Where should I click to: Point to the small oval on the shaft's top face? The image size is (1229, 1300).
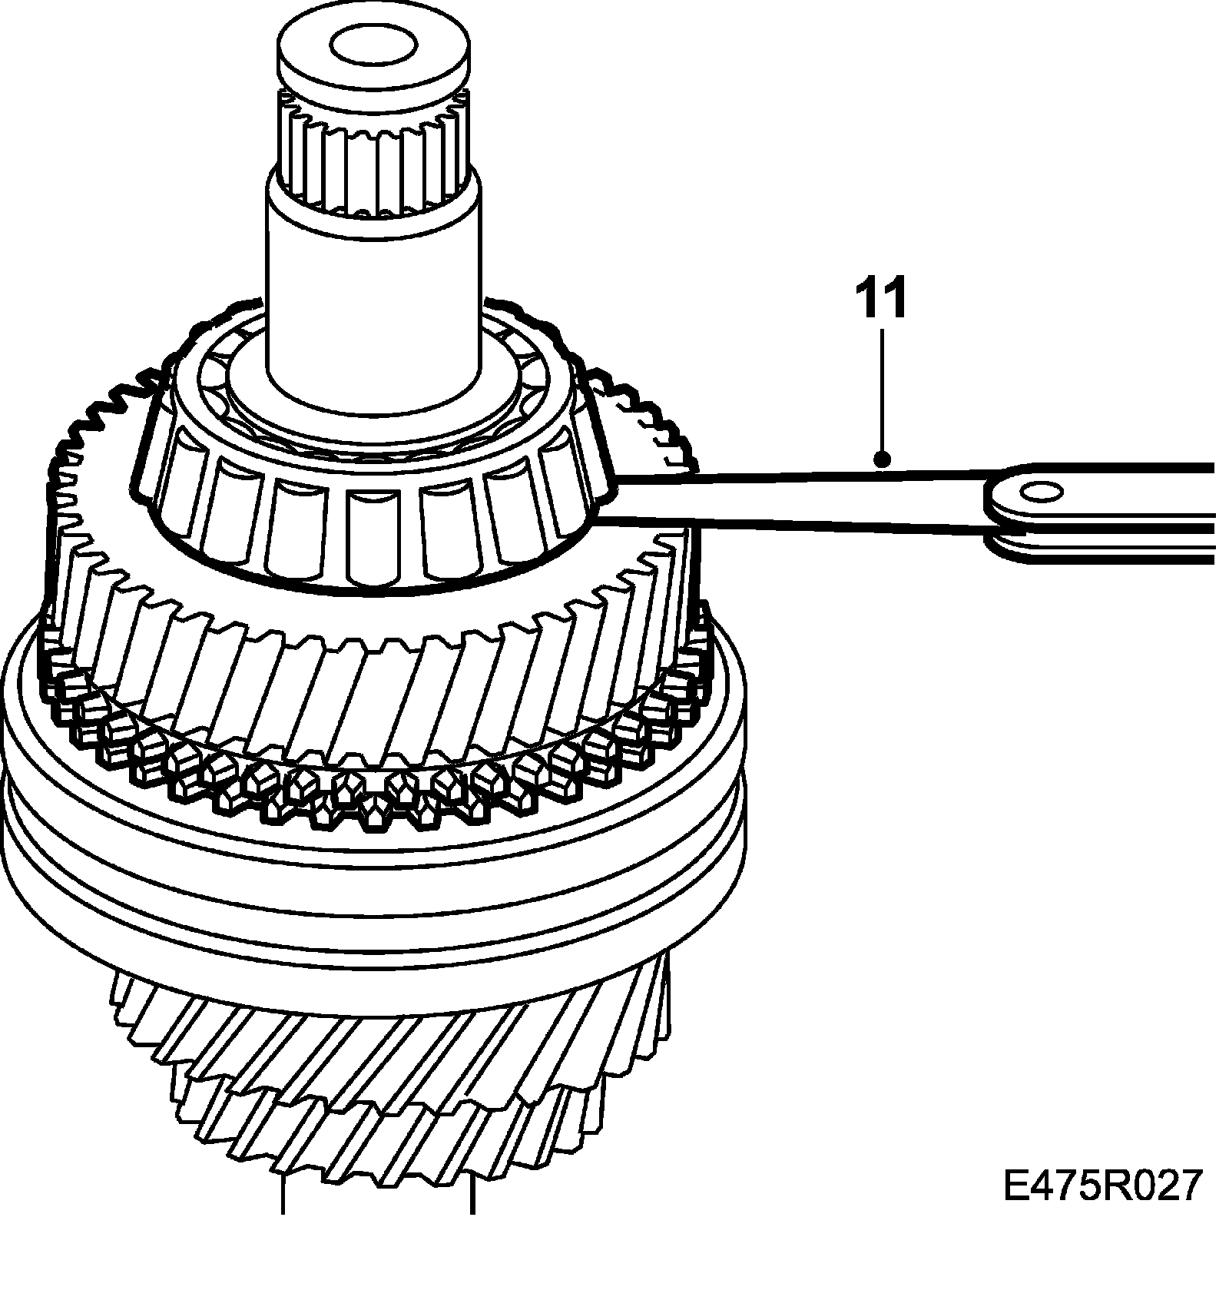coord(374,45)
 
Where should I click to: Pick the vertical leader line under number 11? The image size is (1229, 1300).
coord(883,392)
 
